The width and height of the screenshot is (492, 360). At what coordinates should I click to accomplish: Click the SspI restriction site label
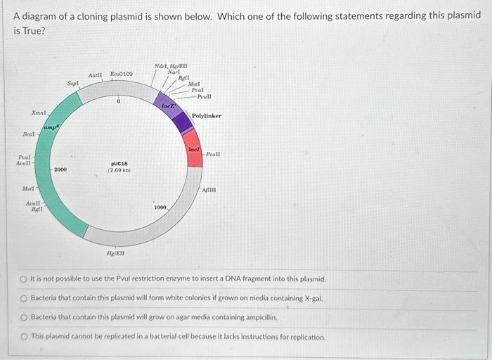72,83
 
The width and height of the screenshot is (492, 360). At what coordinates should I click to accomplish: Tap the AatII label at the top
96,75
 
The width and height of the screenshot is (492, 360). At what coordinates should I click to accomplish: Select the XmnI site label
39,112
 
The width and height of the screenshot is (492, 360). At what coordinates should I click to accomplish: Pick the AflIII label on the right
210,189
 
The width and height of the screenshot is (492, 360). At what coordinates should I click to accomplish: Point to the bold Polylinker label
207,116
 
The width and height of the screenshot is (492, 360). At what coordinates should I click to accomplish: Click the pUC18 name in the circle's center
118,163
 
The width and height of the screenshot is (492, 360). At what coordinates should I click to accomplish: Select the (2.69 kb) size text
118,170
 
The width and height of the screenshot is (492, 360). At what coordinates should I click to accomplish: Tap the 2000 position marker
60,169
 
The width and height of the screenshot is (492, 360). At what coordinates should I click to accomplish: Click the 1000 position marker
160,207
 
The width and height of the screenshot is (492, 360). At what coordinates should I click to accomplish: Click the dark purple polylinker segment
182,122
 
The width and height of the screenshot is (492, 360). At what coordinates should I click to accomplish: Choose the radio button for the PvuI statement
23,279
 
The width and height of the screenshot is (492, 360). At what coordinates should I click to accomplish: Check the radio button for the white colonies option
23,298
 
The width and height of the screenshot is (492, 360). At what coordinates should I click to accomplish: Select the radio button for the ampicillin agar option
23,317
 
